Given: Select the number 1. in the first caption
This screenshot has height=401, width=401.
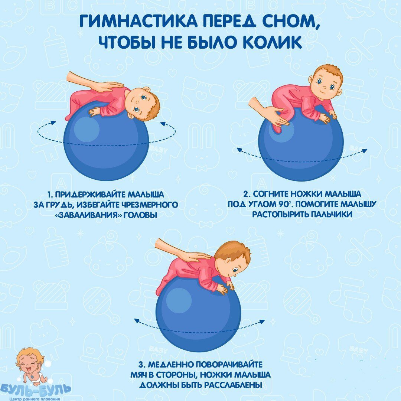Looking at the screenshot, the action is tap(50, 195).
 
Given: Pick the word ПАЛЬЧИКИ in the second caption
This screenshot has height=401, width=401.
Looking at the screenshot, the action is tap(332, 214).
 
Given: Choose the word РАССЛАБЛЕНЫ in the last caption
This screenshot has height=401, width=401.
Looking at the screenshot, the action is tap(233, 385).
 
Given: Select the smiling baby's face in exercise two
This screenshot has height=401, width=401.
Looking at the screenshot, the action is tap(325, 83).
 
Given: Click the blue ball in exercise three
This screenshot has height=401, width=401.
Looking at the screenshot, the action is tap(198, 313).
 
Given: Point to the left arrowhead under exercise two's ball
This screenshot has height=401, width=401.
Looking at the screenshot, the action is tap(239, 150).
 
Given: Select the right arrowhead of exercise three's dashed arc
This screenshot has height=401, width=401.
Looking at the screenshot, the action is tap(262, 322).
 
